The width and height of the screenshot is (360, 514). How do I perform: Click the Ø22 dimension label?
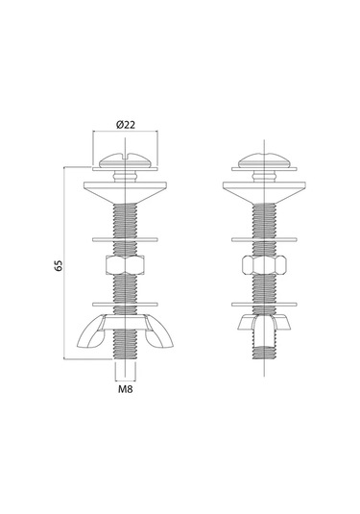[126, 125]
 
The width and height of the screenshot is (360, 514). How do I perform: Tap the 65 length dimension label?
[59, 265]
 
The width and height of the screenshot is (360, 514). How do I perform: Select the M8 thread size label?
[126, 389]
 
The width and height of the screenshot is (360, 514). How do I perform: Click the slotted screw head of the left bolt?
[125, 159]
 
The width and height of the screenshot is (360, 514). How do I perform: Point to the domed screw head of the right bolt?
[264, 160]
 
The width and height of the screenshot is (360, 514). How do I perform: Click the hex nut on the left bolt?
[125, 265]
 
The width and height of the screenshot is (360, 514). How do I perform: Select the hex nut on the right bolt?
[264, 265]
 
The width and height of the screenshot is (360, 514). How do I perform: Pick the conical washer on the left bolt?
[126, 192]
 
